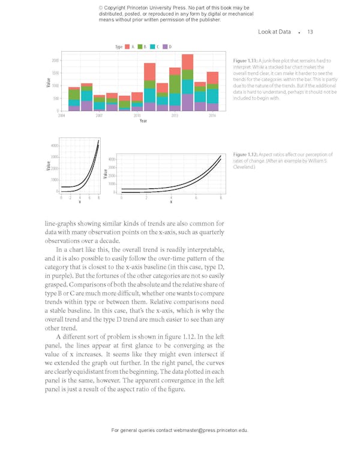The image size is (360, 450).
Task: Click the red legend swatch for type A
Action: [x=125, y=46]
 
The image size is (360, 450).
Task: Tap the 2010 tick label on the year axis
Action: [x=137, y=115]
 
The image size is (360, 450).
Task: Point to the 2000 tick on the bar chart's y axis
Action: [x=55, y=61]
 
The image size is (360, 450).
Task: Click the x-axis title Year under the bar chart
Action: [x=143, y=121]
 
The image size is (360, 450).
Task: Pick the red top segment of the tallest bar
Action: [x=187, y=62]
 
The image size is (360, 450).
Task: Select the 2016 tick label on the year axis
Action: [x=212, y=115]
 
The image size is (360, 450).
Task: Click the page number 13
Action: [x=310, y=32]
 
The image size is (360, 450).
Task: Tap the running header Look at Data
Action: [x=274, y=32]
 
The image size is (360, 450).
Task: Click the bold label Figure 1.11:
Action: [x=245, y=61]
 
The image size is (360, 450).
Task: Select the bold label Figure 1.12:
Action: [x=245, y=155]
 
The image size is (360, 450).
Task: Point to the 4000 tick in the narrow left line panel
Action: [x=54, y=146]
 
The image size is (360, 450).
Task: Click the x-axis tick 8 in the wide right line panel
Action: [x=220, y=197]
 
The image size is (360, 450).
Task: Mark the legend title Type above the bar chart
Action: [x=118, y=46]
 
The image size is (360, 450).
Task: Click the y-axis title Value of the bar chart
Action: [x=48, y=82]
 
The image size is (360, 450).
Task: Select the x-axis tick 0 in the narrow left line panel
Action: [x=61, y=197]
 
